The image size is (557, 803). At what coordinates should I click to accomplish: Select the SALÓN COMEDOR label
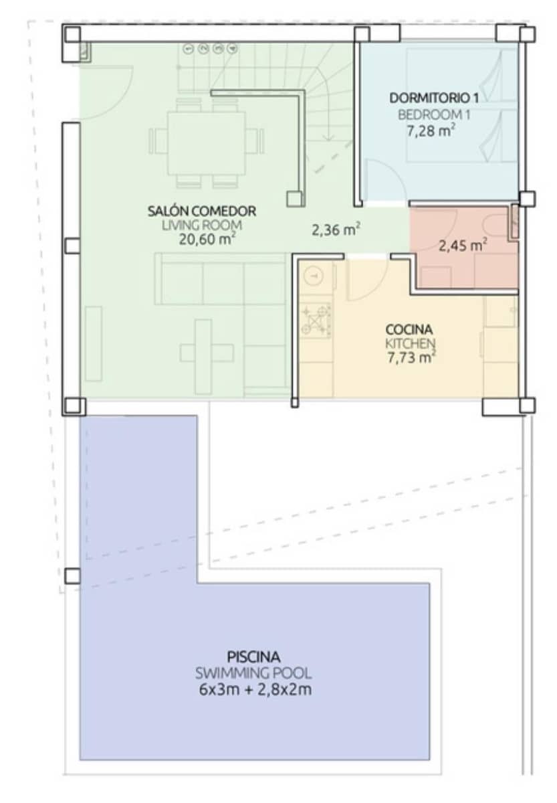click(x=201, y=211)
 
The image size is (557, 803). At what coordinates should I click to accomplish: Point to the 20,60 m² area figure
click(x=201, y=240)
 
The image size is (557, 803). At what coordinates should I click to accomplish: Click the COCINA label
click(x=409, y=329)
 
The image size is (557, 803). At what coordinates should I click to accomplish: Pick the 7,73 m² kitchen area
click(x=409, y=358)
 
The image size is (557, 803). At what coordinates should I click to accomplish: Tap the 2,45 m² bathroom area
click(x=462, y=245)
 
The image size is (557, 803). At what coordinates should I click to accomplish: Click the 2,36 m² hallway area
click(x=336, y=230)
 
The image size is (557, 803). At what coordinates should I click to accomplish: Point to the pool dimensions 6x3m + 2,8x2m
click(x=254, y=690)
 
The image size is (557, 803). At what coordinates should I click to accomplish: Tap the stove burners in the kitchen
click(x=316, y=320)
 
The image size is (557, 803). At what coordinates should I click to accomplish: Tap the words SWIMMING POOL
click(x=253, y=673)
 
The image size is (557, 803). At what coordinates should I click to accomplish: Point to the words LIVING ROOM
click(x=201, y=226)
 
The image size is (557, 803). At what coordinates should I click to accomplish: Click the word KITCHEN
click(x=409, y=343)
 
